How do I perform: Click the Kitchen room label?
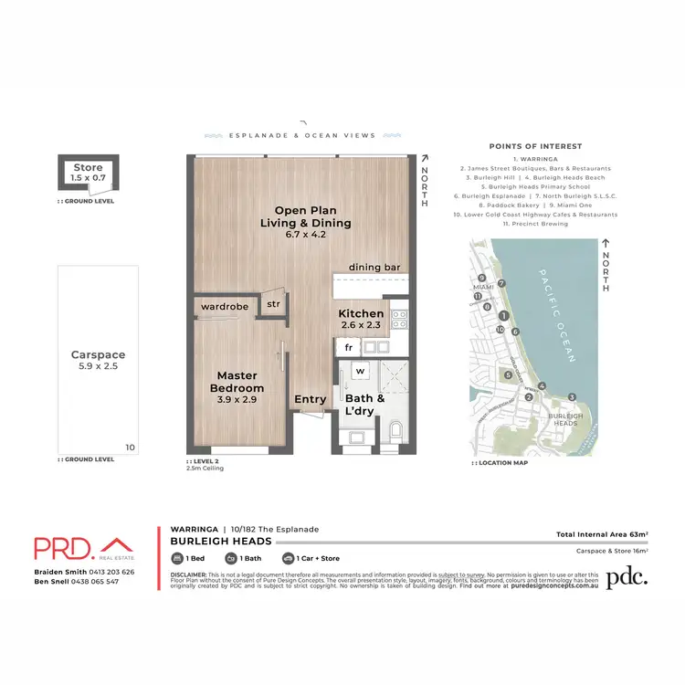[361, 313]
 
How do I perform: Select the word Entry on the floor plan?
[311, 399]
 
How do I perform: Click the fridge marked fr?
[348, 347]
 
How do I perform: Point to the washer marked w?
[360, 371]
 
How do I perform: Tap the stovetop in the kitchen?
[399, 319]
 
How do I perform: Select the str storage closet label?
[273, 304]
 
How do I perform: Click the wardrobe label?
[225, 307]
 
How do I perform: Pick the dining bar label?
[374, 267]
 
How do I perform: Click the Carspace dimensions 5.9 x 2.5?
[98, 365]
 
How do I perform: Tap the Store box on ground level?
[89, 173]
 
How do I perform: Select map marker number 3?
[571, 395]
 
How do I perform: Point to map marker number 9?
[480, 279]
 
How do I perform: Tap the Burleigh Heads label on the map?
[564, 419]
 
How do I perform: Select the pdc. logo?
[627, 576]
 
